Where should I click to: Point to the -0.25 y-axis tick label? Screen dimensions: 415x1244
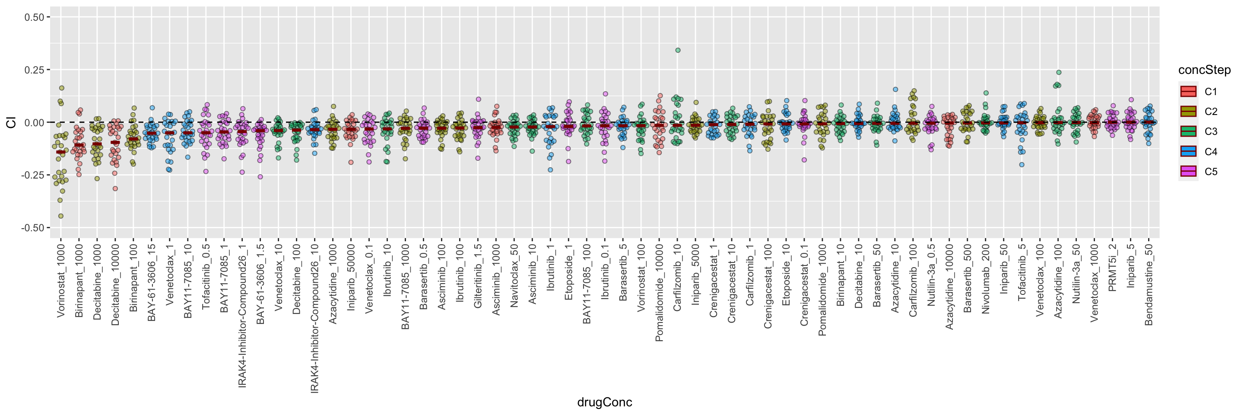(32, 175)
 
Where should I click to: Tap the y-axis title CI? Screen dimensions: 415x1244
(11, 122)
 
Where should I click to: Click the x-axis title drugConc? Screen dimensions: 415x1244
(604, 402)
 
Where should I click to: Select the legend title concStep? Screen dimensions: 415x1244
(1204, 70)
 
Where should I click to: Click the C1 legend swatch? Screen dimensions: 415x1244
(1188, 91)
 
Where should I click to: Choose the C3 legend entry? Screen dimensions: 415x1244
(1210, 131)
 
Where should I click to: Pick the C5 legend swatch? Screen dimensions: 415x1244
(1188, 172)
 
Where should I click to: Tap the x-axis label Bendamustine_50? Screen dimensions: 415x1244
(1149, 284)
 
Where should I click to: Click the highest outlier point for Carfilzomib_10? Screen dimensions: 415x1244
(678, 50)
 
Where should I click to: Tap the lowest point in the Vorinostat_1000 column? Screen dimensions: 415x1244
(61, 216)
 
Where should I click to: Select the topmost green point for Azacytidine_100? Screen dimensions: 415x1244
(1059, 73)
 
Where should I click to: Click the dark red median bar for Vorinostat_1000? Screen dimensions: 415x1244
(61, 152)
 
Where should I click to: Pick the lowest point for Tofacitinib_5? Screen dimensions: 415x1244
(1022, 165)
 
